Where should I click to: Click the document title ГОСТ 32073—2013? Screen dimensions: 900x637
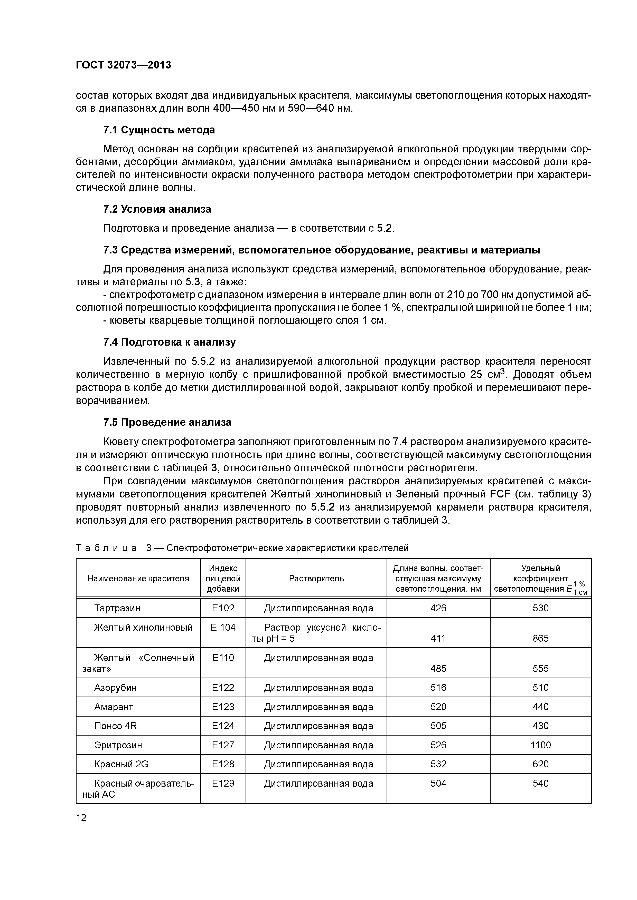pyautogui.click(x=123, y=65)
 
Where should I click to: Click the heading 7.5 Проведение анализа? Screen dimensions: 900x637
pyautogui.click(x=167, y=422)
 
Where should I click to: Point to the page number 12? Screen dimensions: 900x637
pyautogui.click(x=81, y=818)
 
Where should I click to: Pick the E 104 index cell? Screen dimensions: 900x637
pyautogui.click(x=223, y=627)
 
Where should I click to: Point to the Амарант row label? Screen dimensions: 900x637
pyautogui.click(x=114, y=707)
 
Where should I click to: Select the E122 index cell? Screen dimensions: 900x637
pyautogui.click(x=223, y=688)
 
